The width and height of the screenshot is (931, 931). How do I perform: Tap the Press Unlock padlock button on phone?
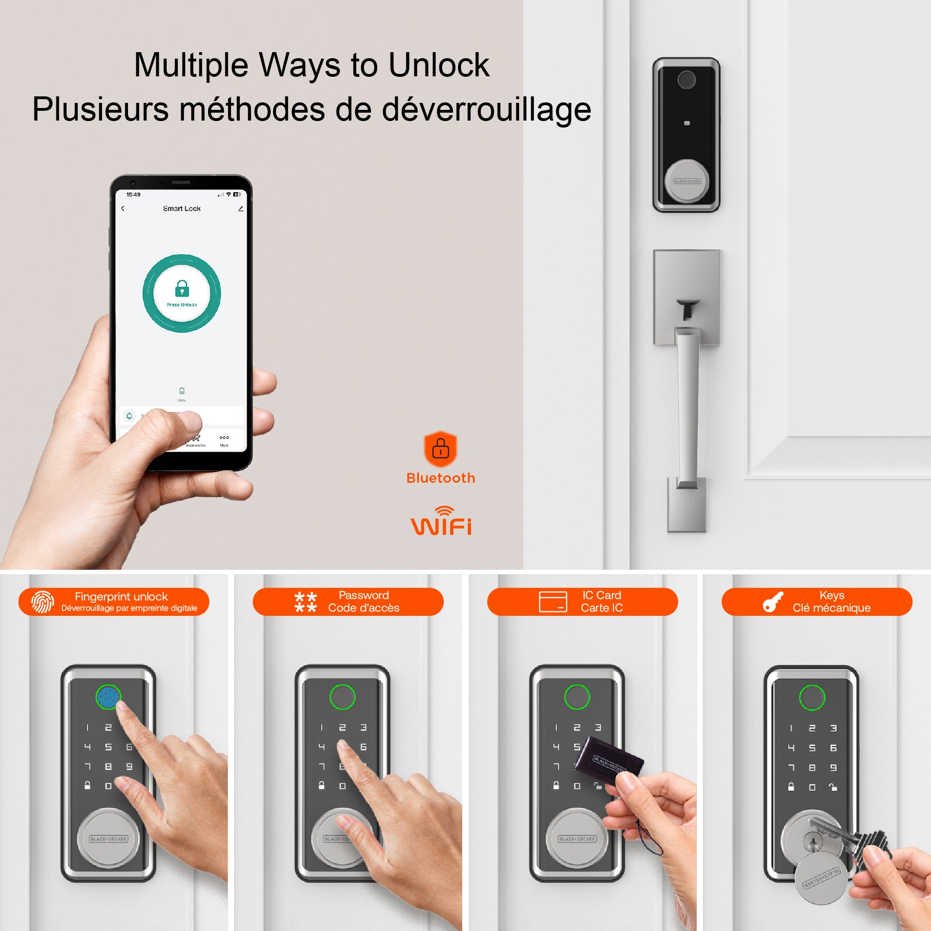point(182,292)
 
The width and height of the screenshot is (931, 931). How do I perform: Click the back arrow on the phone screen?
point(123,209)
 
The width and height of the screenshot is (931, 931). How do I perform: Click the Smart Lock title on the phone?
point(182,209)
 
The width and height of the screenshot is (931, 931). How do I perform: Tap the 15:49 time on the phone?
point(134,195)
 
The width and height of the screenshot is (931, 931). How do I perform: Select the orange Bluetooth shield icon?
point(440,449)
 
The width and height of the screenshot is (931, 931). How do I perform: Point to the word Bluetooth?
point(440,478)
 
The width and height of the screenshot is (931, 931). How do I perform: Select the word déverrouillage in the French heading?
point(486,109)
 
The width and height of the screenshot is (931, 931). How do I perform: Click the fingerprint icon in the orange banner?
point(42,602)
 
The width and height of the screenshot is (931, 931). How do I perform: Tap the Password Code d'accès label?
point(364,601)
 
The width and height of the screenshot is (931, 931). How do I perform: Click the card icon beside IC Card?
point(553,601)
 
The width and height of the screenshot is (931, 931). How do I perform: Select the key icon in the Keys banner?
point(773,602)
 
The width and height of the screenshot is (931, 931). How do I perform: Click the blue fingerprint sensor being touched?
point(108,696)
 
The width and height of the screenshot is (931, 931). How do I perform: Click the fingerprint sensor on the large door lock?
point(687,80)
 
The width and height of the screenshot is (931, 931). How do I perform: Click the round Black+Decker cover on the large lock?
point(687,182)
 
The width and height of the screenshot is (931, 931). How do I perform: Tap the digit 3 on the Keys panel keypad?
point(833,728)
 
